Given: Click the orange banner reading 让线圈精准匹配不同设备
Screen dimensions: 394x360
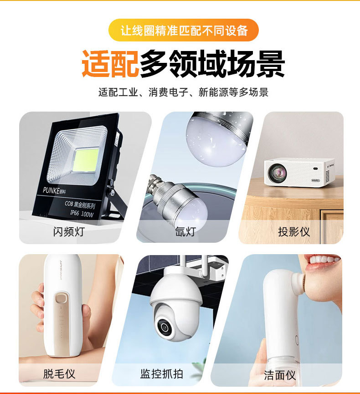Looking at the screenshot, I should (184, 30).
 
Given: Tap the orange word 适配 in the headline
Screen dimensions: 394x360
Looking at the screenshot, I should (110, 63).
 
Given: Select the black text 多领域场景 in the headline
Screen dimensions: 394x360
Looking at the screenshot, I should (212, 63).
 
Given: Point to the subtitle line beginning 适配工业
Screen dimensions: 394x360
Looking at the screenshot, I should (184, 92).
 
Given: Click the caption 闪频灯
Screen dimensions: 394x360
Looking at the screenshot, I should (69, 231).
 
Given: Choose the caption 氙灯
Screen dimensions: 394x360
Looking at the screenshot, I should (185, 231).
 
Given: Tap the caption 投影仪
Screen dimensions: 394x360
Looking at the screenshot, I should (294, 231).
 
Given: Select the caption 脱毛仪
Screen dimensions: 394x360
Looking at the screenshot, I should (59, 374).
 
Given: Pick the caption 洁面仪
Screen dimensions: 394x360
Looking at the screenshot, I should (280, 375).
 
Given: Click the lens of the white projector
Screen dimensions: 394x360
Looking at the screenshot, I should (276, 172).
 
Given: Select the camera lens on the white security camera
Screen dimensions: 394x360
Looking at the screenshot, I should (163, 325).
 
